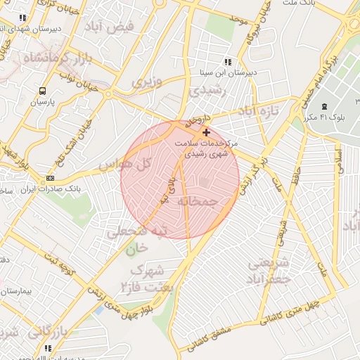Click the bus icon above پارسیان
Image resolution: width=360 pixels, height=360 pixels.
click(44, 91)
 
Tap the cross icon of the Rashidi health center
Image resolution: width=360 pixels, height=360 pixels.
click(205, 132)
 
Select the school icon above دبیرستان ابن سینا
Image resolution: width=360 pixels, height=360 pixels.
click(226, 61)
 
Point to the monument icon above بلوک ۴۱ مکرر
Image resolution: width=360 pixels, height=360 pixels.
click(323, 106)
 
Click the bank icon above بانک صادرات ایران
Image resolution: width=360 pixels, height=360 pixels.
click(50, 178)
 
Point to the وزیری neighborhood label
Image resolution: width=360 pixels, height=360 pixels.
click(147, 82)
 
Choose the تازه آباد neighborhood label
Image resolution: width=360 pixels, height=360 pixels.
click(258, 111)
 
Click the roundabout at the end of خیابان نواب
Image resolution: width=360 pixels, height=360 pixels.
click(108, 93)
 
